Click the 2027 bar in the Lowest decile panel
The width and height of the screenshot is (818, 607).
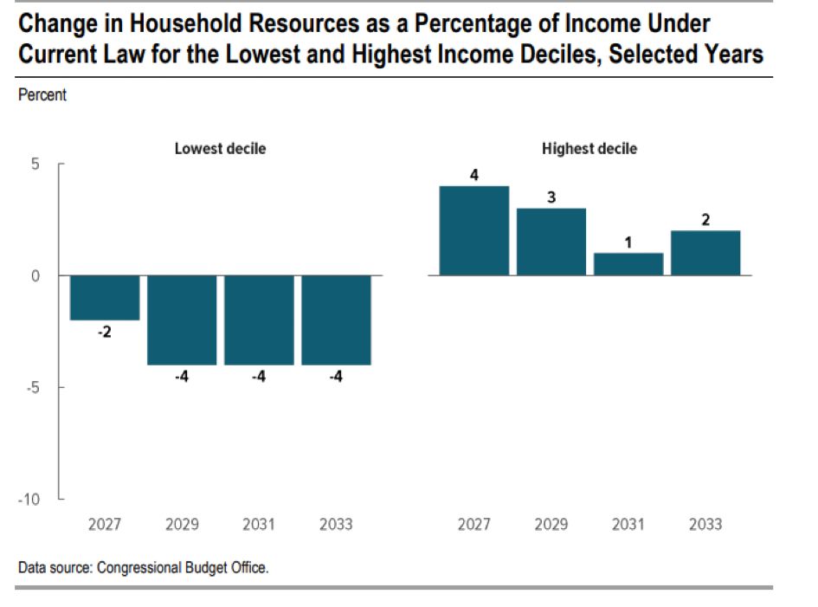(x=105, y=298)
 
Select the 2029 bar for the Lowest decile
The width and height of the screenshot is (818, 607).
(x=182, y=320)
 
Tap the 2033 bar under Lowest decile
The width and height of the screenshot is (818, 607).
(x=337, y=320)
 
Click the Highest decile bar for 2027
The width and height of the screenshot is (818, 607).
(x=473, y=231)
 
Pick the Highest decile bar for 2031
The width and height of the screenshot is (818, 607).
(x=628, y=264)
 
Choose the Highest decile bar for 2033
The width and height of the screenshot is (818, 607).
(x=705, y=253)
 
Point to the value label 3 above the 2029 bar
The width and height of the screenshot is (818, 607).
(x=551, y=197)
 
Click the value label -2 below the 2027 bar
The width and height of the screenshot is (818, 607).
(x=105, y=333)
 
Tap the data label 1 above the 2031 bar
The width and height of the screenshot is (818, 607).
(x=628, y=242)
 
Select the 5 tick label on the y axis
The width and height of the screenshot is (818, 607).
(x=35, y=165)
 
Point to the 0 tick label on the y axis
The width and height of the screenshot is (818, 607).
(x=35, y=276)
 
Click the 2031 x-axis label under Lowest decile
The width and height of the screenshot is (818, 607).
(x=259, y=525)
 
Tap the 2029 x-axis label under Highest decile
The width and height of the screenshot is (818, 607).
(x=551, y=525)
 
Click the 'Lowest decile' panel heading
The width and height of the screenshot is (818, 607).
(x=220, y=149)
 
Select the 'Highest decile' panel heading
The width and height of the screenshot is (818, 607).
(x=589, y=149)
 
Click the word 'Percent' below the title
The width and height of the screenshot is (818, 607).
(x=42, y=95)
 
